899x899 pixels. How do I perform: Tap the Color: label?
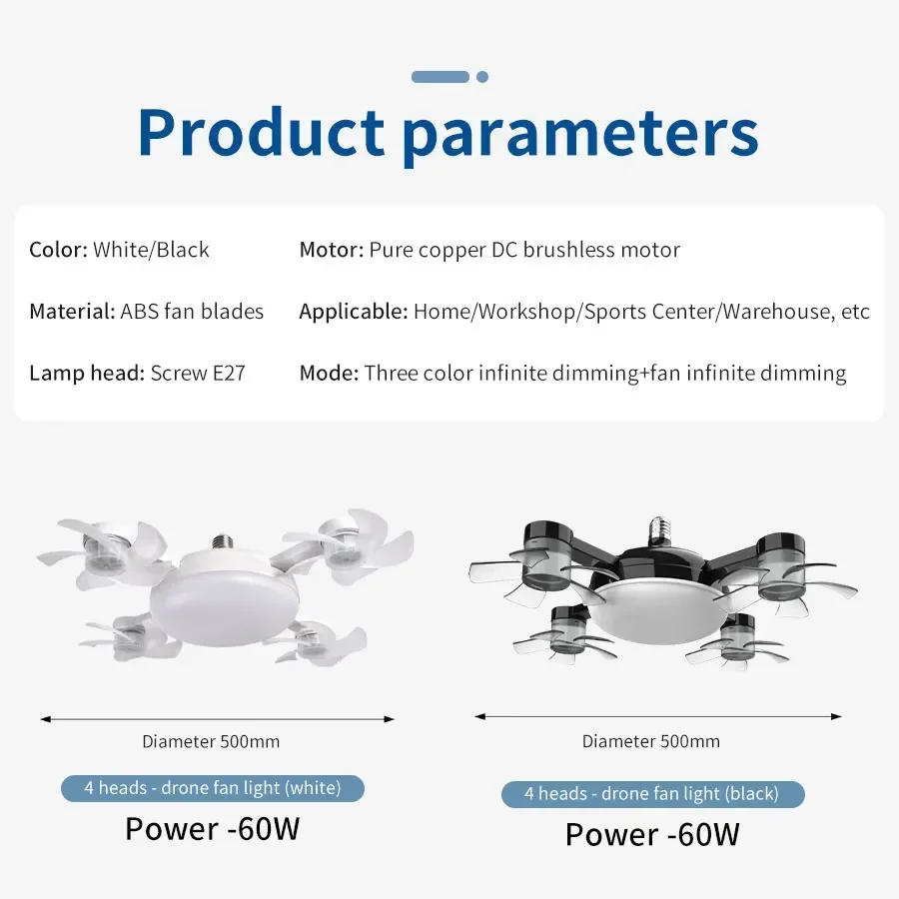[58, 250]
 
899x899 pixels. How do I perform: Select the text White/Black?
[152, 250]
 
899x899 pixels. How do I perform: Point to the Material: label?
[72, 312]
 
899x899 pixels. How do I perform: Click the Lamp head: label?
[87, 374]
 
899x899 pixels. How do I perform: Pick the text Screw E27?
[198, 374]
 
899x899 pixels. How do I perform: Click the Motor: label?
[331, 250]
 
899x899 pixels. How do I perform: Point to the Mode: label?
[329, 374]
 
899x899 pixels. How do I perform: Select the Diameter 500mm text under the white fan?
[211, 741]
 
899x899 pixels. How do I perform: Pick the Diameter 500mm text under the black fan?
[651, 741]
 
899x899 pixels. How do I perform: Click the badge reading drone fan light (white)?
[213, 788]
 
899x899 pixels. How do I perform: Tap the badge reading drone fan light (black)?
[652, 794]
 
